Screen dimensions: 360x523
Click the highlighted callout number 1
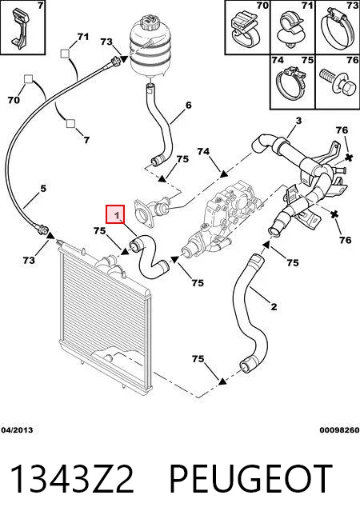tap(115, 214)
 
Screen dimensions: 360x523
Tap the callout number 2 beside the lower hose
tap(274, 306)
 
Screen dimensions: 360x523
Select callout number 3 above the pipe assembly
tap(298, 121)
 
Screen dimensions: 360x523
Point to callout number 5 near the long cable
tap(43, 189)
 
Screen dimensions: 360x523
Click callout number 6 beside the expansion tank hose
tap(189, 105)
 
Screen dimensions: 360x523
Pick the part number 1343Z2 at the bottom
tap(72, 479)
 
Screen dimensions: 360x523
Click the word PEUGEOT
tap(251, 479)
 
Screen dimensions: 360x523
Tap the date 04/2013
tap(17, 430)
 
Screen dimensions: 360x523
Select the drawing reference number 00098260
tap(339, 430)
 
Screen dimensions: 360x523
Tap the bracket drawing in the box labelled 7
tap(20, 27)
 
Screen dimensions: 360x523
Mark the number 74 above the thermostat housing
tap(203, 151)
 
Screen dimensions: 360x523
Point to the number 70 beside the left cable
tap(14, 100)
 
